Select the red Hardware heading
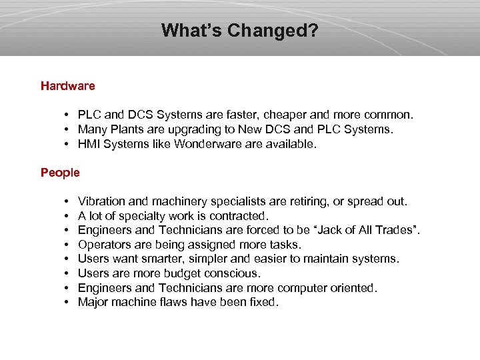[68, 86]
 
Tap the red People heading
[60, 173]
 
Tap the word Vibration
[101, 201]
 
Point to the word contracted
[238, 216]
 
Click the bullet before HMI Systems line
[69, 143]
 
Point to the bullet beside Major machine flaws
[69, 303]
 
